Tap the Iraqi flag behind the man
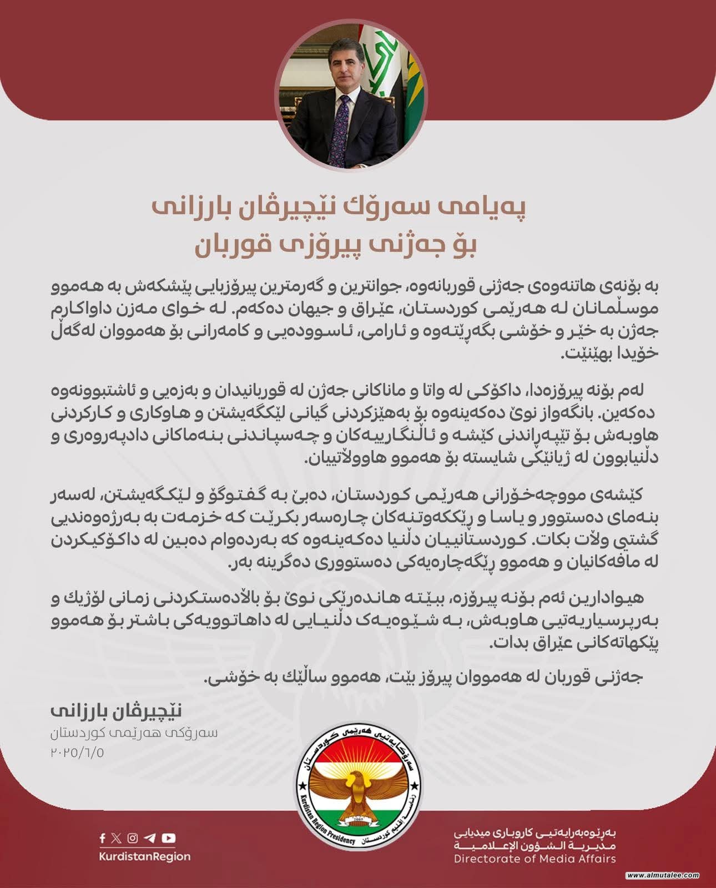[377, 61]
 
